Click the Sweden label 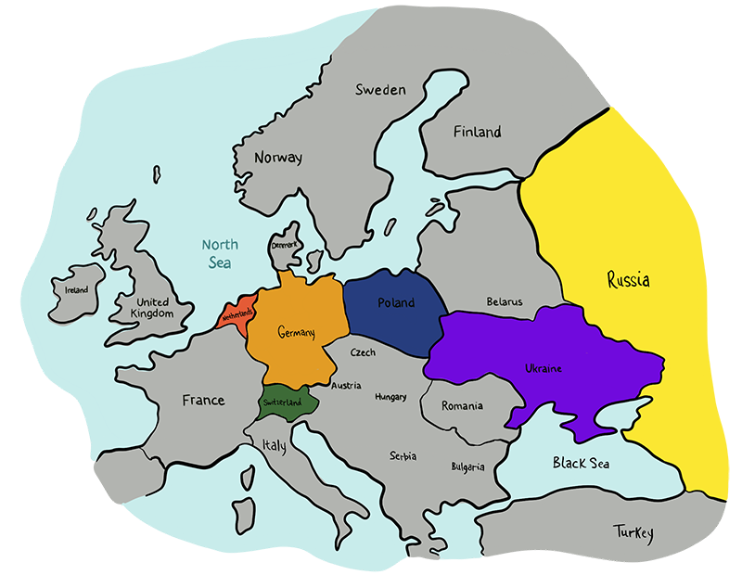380,90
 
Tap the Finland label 477,133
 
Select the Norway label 278,158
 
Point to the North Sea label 221,254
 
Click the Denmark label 284,246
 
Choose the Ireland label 76,289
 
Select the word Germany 297,333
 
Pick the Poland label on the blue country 396,303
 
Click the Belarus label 505,301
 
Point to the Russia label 628,279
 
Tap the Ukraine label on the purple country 544,368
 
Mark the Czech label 363,352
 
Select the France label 203,401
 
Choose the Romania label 462,406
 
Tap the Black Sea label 581,463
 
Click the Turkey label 633,532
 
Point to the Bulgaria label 467,466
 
